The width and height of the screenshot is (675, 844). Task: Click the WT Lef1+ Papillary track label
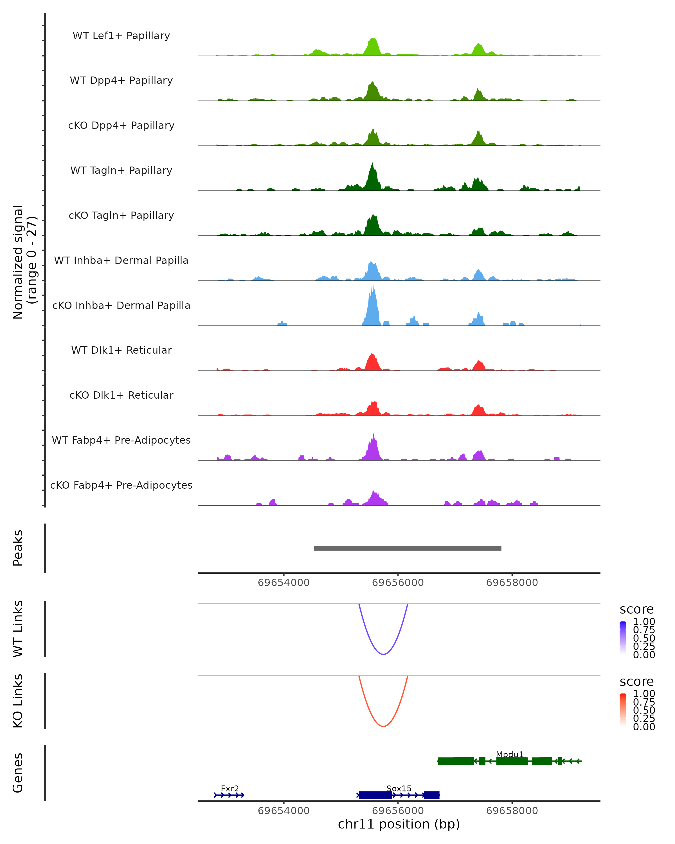121,36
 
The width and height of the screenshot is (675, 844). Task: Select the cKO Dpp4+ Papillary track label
121,125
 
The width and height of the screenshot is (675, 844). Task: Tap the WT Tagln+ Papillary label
121,170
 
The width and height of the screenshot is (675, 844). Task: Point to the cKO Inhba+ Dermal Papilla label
121,305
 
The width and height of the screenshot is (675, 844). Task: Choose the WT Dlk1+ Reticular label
121,350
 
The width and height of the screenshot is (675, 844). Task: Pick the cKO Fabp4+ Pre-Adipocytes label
121,485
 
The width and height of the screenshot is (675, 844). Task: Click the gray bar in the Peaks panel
407,548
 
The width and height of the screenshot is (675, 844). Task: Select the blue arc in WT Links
383,654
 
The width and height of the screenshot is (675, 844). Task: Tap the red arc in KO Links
383,726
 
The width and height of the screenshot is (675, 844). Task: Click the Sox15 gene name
399,788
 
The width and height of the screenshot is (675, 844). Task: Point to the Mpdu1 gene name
509,754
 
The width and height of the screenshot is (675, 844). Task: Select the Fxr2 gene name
230,788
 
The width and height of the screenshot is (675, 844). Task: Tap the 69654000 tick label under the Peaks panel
284,583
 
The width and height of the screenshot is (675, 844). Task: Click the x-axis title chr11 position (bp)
399,824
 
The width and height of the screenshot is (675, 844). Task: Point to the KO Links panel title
18,701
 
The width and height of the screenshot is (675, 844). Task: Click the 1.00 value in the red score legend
644,694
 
